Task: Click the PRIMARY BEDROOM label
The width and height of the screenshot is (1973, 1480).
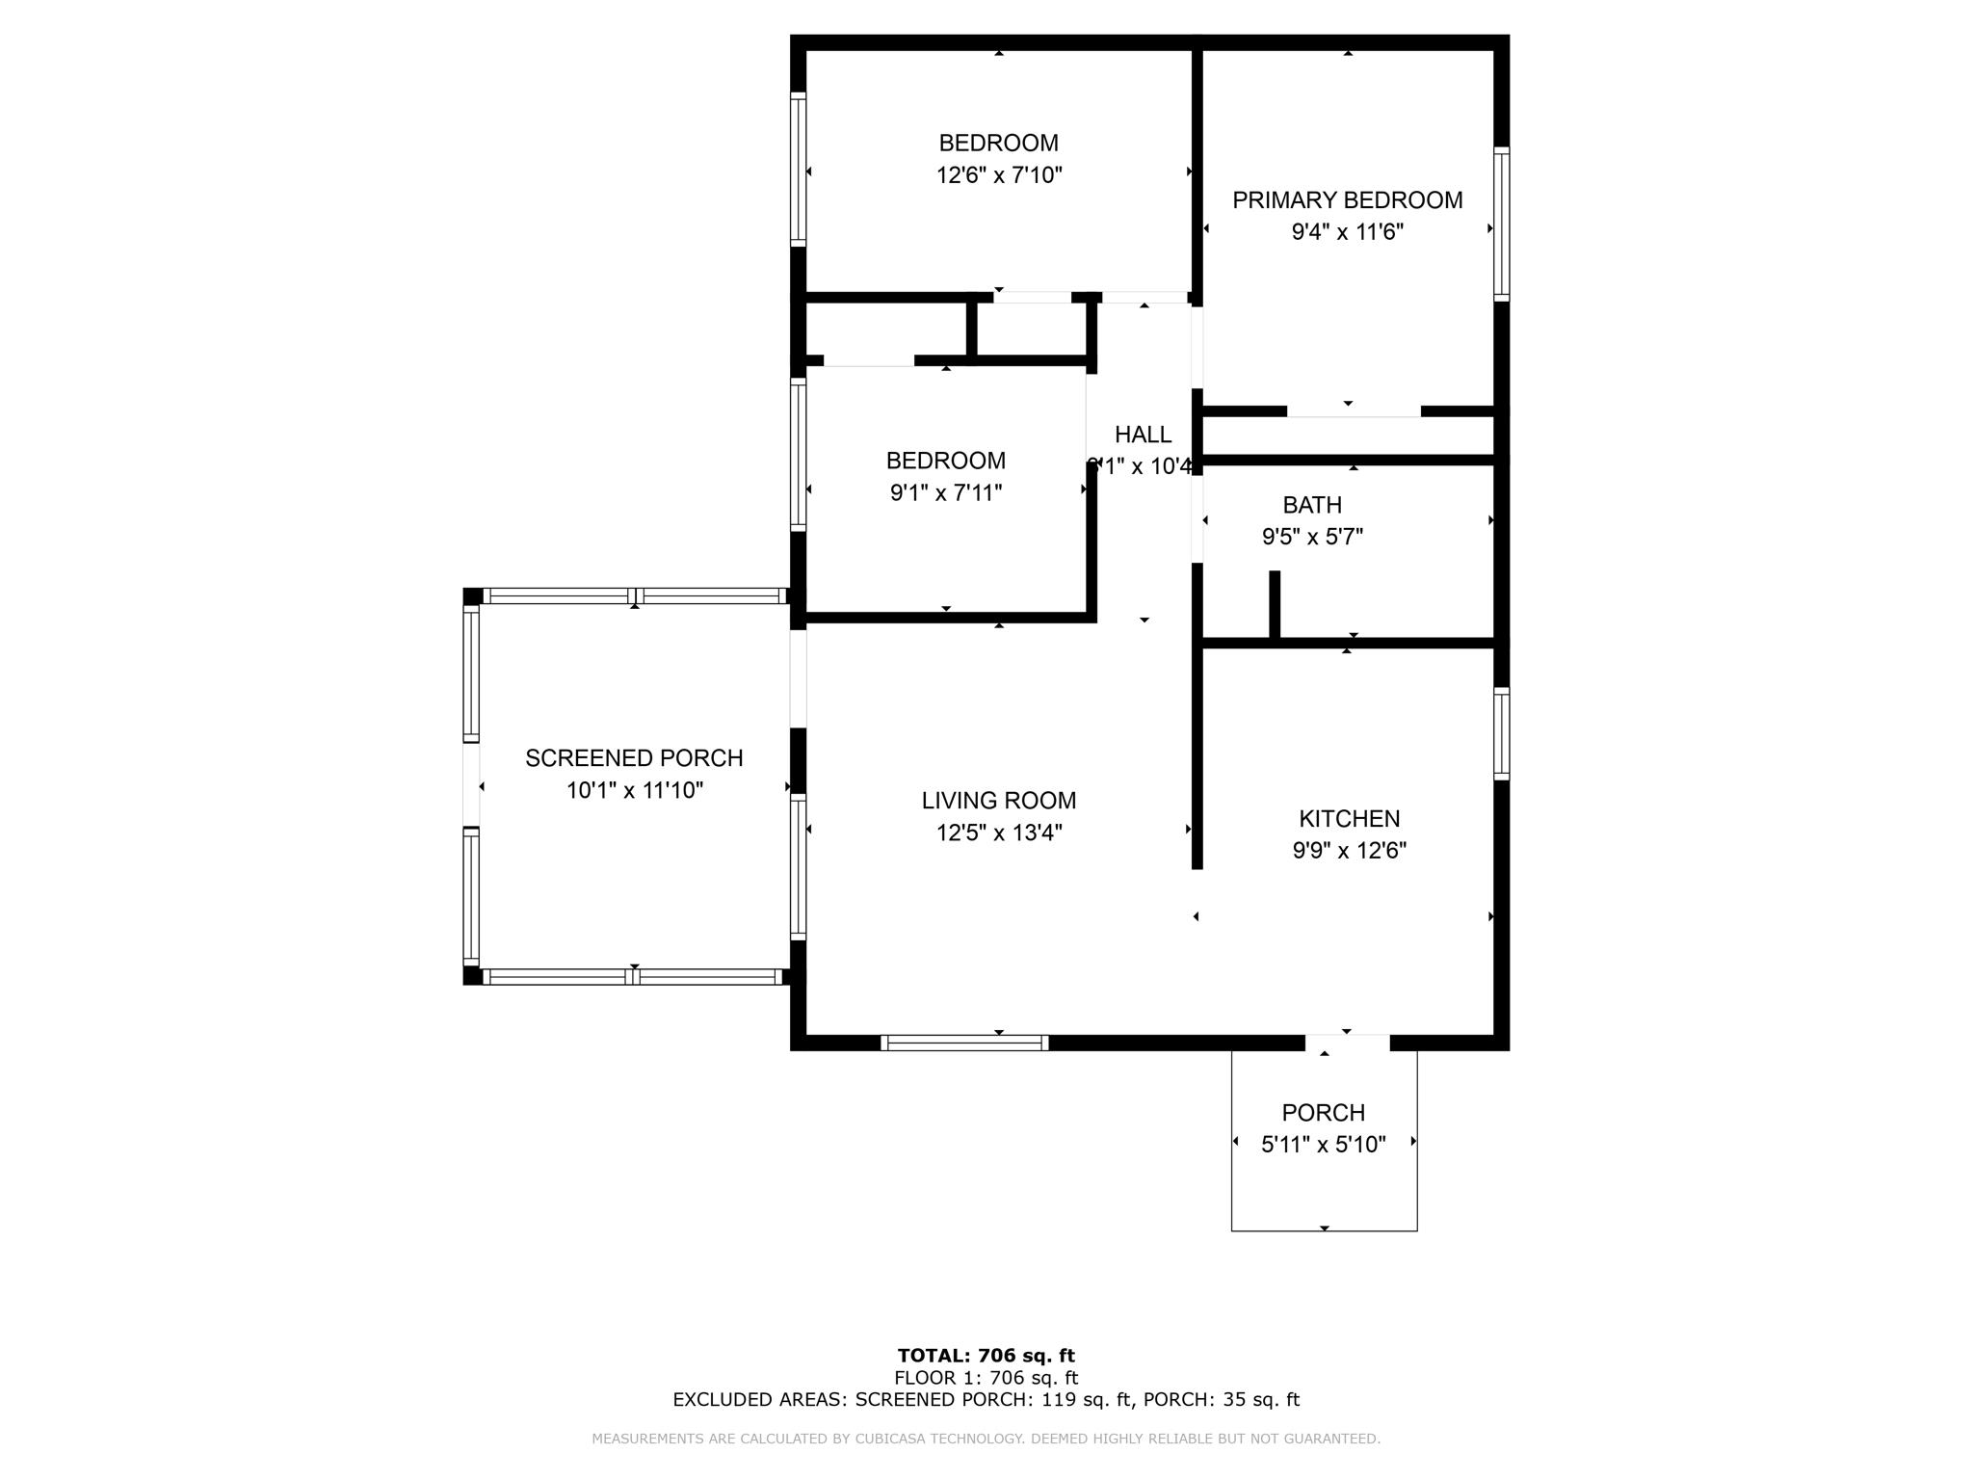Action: click(1347, 200)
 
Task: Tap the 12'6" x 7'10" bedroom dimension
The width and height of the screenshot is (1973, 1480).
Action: click(999, 175)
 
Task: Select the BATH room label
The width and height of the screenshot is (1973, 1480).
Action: click(1311, 505)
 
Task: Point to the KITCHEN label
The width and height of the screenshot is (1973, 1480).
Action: click(1349, 819)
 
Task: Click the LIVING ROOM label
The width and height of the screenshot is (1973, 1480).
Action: click(999, 801)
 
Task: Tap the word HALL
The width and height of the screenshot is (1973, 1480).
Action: click(1144, 435)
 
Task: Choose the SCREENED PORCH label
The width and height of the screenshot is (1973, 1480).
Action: click(634, 758)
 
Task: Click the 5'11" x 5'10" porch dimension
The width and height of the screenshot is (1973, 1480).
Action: click(1323, 1145)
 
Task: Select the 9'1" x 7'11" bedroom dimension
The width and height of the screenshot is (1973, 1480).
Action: click(946, 493)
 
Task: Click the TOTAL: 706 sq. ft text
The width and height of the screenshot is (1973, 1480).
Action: click(986, 1356)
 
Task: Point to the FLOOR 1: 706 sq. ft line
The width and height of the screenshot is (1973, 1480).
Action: click(986, 1378)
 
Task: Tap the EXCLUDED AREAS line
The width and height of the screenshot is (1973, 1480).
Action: click(986, 1400)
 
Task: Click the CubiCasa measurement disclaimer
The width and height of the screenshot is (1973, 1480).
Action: click(986, 1439)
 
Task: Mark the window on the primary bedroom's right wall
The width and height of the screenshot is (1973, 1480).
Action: click(1501, 224)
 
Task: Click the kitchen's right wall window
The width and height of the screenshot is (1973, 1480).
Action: click(1501, 733)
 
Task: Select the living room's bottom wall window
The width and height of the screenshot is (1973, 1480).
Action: click(964, 1043)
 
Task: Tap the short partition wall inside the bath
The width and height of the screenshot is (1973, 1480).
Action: click(1275, 604)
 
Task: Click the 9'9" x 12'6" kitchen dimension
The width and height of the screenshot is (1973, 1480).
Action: click(1349, 851)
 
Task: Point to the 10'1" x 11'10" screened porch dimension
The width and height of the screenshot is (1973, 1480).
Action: click(634, 791)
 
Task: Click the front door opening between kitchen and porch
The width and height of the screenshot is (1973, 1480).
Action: click(1347, 1043)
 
